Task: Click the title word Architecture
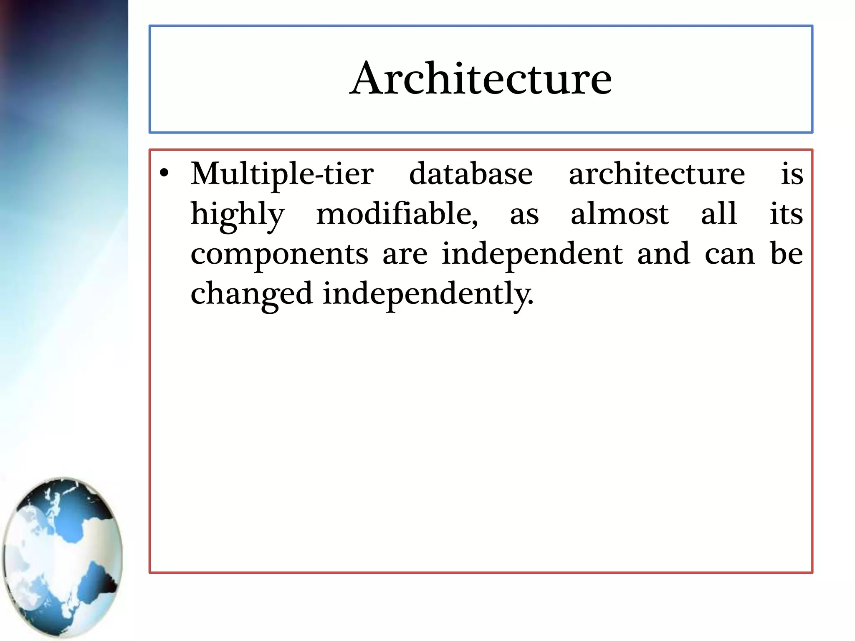pyautogui.click(x=481, y=78)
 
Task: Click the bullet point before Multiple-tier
pyautogui.click(x=164, y=173)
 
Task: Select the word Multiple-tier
pyautogui.click(x=282, y=174)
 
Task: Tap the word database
pyautogui.click(x=471, y=174)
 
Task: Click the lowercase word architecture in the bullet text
pyautogui.click(x=657, y=174)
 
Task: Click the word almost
pyautogui.click(x=620, y=214)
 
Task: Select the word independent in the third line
pyautogui.click(x=532, y=254)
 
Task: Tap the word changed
pyautogui.click(x=251, y=294)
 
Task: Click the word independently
pyautogui.click(x=428, y=294)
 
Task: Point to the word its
pyautogui.click(x=786, y=214)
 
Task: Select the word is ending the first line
pyautogui.click(x=792, y=174)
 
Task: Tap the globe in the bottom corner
pyautogui.click(x=63, y=557)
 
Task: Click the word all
pyautogui.click(x=718, y=214)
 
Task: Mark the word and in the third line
pyautogui.click(x=663, y=254)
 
